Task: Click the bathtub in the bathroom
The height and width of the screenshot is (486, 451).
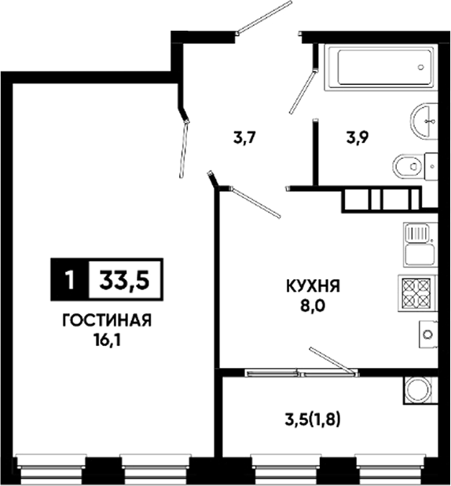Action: coord(381,68)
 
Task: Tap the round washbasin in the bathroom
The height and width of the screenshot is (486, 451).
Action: coord(423,120)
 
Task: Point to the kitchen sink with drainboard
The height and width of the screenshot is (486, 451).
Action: coord(420,245)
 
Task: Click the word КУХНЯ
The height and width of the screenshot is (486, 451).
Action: coord(313,285)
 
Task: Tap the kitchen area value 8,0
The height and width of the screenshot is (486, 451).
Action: coord(313,306)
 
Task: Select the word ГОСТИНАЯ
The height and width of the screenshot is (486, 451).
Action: coord(107,320)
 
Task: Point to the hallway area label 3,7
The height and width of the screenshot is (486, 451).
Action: coord(244,138)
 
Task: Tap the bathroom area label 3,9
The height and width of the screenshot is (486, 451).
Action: coord(357,138)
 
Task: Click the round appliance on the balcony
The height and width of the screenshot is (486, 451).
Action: coord(419,390)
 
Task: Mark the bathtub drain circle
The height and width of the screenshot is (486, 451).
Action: coord(420,67)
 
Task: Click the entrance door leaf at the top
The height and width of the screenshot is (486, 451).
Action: coord(264,17)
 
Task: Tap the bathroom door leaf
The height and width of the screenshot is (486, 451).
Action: coord(302,91)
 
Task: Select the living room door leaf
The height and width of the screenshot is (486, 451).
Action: coord(184,149)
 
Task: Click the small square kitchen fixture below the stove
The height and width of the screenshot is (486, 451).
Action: coord(428,334)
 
